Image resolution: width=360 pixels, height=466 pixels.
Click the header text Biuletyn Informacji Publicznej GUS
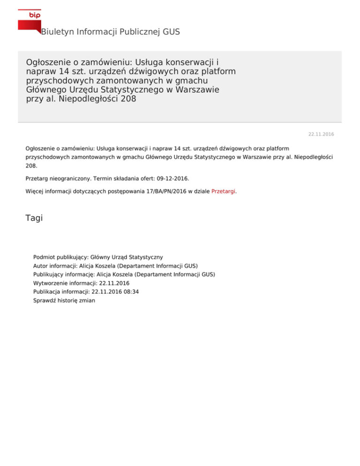pos(110,32)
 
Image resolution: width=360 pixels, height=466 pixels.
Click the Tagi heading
pos(34,218)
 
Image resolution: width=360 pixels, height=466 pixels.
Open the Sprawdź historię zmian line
pos(64,301)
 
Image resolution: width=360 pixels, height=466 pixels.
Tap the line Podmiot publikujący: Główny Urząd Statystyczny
pos(98,257)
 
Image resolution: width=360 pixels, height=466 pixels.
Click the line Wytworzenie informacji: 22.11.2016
pos(81,283)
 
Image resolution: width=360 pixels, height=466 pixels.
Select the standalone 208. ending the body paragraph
pos(31,165)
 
